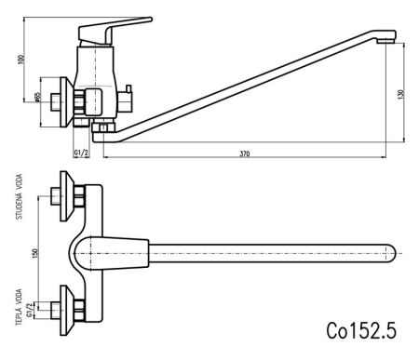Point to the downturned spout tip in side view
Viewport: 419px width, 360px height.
[389, 38]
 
